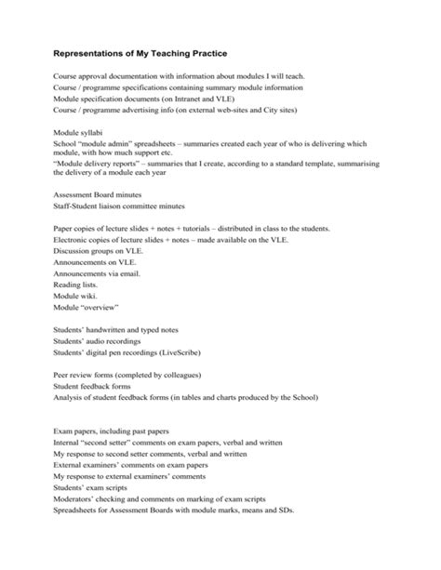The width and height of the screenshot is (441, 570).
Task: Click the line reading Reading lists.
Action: (76, 286)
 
